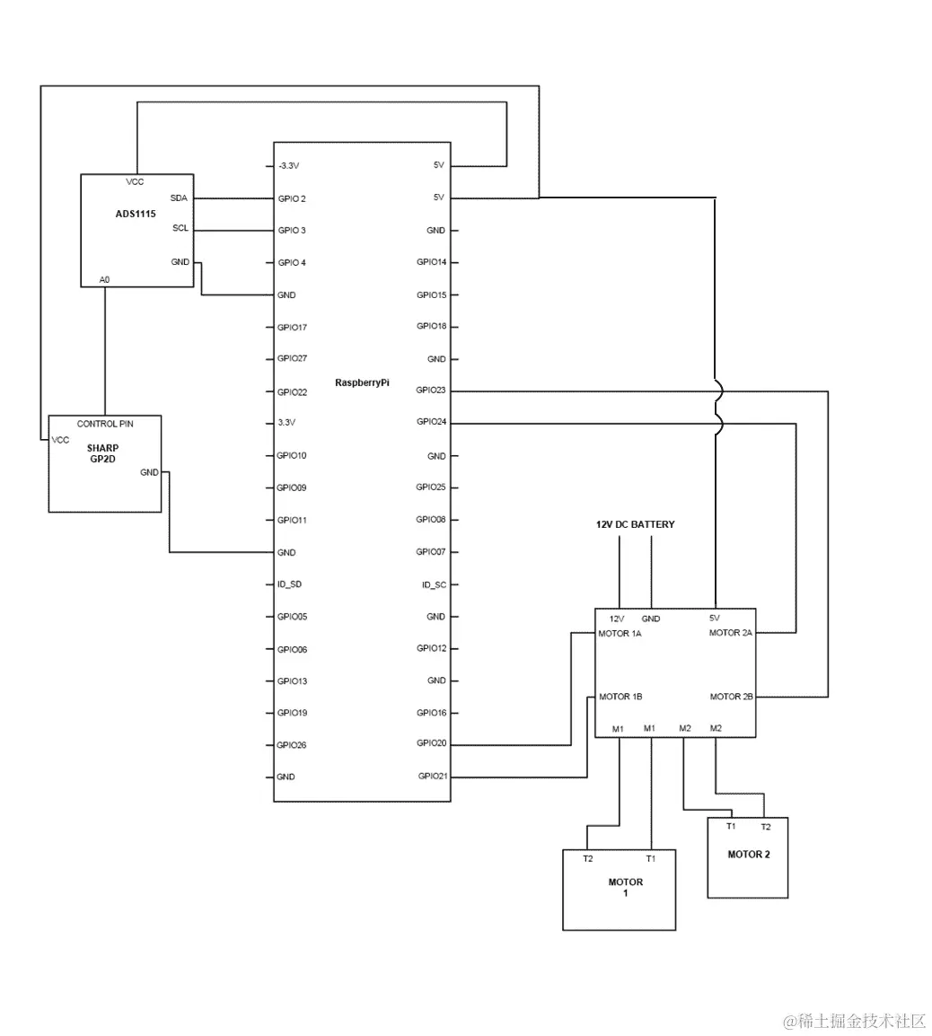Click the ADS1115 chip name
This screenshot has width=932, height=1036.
[136, 215]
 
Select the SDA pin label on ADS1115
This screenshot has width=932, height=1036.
[179, 198]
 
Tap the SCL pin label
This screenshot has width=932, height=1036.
[180, 228]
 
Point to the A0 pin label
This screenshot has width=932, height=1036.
[105, 280]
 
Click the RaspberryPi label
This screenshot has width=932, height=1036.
[362, 382]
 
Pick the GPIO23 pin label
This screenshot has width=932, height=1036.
[431, 391]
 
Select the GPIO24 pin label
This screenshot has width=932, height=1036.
[431, 422]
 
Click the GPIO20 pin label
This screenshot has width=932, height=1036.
[431, 743]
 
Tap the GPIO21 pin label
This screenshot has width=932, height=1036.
[432, 776]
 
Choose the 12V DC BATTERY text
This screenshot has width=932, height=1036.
[635, 524]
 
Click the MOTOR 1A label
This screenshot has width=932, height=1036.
[620, 633]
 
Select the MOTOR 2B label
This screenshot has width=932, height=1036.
[731, 697]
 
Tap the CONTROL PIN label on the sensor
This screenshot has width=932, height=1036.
[106, 424]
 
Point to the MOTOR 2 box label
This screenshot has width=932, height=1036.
[748, 855]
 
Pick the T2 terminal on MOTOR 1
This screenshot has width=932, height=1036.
[587, 859]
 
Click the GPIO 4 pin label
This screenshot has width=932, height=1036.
[292, 262]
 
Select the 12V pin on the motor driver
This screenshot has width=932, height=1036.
[618, 619]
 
